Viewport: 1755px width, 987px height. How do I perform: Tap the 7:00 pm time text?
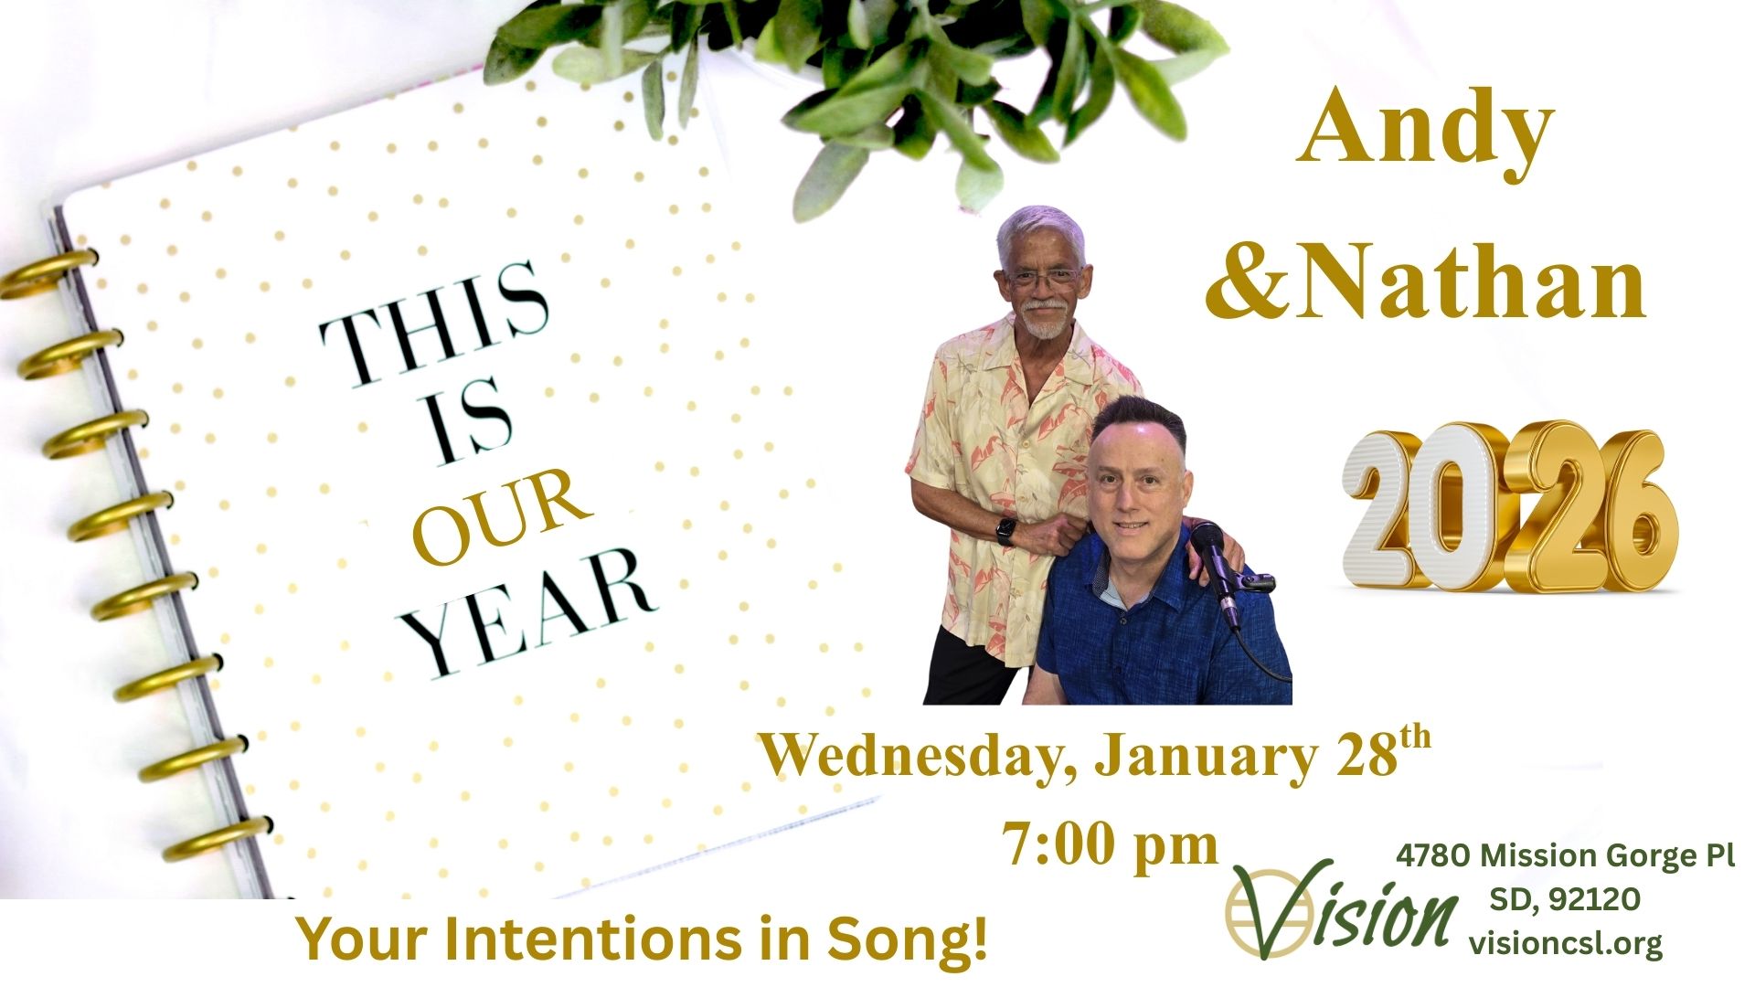pyautogui.click(x=1110, y=846)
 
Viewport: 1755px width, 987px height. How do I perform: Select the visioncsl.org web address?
pyautogui.click(x=1566, y=943)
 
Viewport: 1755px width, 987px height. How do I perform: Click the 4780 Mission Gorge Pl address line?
pyautogui.click(x=1565, y=856)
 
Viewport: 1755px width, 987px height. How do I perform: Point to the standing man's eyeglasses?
pyautogui.click(x=1043, y=277)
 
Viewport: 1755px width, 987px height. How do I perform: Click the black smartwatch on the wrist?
pyautogui.click(x=1005, y=532)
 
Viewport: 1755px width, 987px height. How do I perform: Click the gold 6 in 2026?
pyautogui.click(x=1626, y=512)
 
